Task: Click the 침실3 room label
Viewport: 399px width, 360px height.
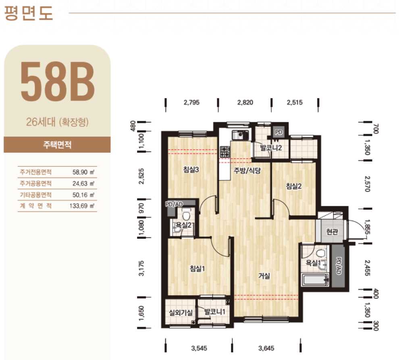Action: pyautogui.click(x=191, y=169)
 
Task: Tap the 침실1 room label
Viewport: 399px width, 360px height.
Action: pyautogui.click(x=197, y=269)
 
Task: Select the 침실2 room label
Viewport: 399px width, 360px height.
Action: pyautogui.click(x=294, y=186)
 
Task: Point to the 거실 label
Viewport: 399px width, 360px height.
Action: pyautogui.click(x=264, y=275)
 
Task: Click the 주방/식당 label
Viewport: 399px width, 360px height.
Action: pyautogui.click(x=247, y=170)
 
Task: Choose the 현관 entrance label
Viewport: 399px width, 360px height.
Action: pyautogui.click(x=332, y=232)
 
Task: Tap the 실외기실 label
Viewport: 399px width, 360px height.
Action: pyautogui.click(x=181, y=312)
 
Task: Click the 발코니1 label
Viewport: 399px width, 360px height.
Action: pyautogui.click(x=215, y=312)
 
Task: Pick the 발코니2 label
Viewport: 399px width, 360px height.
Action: pyautogui.click(x=271, y=148)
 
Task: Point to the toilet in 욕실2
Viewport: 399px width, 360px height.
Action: pyautogui.click(x=186, y=215)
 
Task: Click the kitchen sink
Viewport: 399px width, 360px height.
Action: pyautogui.click(x=240, y=135)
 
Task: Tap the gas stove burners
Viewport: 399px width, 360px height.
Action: pyautogui.click(x=225, y=152)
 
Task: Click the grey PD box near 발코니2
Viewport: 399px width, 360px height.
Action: pyautogui.click(x=279, y=132)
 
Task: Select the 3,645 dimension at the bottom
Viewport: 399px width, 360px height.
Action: pyautogui.click(x=266, y=348)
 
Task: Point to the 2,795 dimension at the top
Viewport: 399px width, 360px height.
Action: pyautogui.click(x=191, y=102)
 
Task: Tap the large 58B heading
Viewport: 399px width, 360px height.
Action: pyautogui.click(x=58, y=81)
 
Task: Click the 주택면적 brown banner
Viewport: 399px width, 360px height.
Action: pyautogui.click(x=57, y=145)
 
